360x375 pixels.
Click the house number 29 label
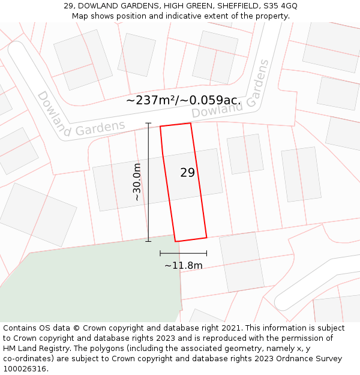[187, 173]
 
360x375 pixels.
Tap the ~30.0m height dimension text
[137, 182]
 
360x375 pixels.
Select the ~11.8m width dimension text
[183, 265]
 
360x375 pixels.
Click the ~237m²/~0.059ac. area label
[183, 100]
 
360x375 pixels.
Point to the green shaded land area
[90, 282]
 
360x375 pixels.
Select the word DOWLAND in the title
[98, 6]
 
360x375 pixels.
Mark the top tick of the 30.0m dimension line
[148, 124]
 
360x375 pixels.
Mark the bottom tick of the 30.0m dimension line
[148, 241]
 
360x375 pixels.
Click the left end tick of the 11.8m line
[160, 254]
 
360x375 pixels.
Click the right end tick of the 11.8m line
[206, 254]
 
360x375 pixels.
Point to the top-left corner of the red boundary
[160, 127]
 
